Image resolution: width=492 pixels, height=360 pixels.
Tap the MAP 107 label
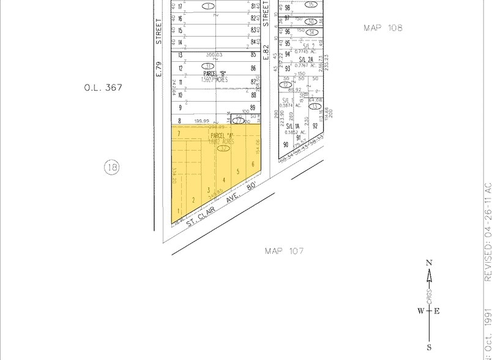click(x=285, y=250)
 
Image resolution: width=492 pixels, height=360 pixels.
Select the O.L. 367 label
click(x=103, y=88)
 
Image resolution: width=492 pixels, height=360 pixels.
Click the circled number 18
click(x=111, y=167)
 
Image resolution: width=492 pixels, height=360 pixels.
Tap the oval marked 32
click(x=224, y=148)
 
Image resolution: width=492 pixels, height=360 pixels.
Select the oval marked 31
click(x=209, y=67)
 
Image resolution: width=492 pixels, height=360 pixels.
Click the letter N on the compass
click(x=429, y=263)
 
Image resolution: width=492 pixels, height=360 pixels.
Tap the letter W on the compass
click(x=420, y=310)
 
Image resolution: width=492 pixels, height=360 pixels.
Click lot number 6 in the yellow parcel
click(x=253, y=163)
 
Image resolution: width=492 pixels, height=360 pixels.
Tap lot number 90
click(x=285, y=144)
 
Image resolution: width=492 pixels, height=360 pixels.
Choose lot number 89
click(x=253, y=108)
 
